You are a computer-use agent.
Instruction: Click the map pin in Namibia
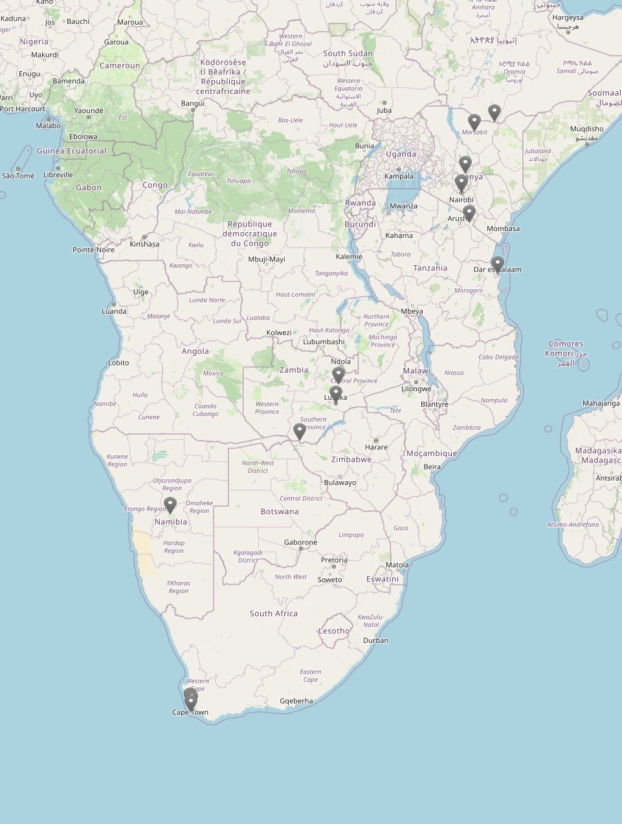170,504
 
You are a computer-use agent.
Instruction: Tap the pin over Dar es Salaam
497,264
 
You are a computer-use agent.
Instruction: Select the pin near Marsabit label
474,122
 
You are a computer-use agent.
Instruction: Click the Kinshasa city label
144,244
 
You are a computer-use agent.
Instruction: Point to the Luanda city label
114,311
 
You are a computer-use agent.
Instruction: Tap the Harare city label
376,447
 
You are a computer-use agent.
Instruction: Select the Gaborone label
300,543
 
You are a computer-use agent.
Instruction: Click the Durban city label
375,640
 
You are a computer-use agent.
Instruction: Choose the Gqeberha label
296,700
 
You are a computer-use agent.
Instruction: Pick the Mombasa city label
503,228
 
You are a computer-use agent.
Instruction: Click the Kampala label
399,176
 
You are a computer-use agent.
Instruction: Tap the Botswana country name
280,512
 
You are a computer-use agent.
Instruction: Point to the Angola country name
195,351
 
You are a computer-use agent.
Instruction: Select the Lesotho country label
334,631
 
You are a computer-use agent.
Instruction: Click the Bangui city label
193,103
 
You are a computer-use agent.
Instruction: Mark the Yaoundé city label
89,111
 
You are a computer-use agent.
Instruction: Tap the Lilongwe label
416,389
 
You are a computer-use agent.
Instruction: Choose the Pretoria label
334,560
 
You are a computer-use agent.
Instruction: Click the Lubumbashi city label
324,342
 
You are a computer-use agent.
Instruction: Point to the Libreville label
58,175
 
